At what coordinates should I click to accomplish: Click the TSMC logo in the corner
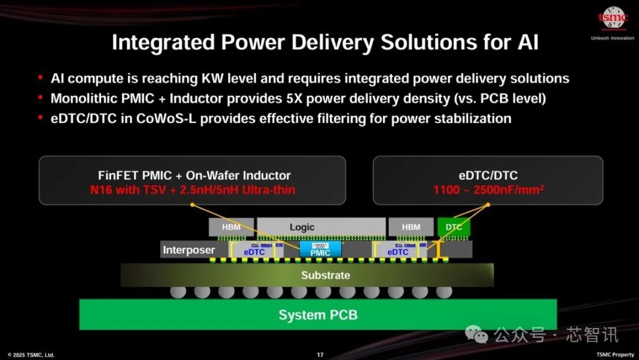pyautogui.click(x=612, y=19)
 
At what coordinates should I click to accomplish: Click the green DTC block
pyautogui.click(x=454, y=227)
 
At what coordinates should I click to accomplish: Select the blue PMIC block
pyautogui.click(x=321, y=249)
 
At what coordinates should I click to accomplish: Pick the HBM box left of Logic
pyautogui.click(x=231, y=227)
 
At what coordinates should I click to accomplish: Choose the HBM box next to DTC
pyautogui.click(x=411, y=227)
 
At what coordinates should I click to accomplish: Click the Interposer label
pyautogui.click(x=189, y=250)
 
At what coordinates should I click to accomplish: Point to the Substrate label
pyautogui.click(x=325, y=275)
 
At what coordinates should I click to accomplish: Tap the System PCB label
pyautogui.click(x=318, y=314)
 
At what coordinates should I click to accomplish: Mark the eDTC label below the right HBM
pyautogui.click(x=398, y=252)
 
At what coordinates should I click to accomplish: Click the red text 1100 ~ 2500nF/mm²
pyautogui.click(x=488, y=190)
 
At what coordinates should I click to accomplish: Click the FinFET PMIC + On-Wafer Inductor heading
pyautogui.click(x=194, y=175)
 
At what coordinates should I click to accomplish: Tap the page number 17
pyautogui.click(x=320, y=355)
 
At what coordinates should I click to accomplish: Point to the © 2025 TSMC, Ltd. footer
pyautogui.click(x=31, y=355)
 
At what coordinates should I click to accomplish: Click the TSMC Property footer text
pyautogui.click(x=615, y=355)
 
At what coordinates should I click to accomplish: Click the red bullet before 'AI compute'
pyautogui.click(x=40, y=78)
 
